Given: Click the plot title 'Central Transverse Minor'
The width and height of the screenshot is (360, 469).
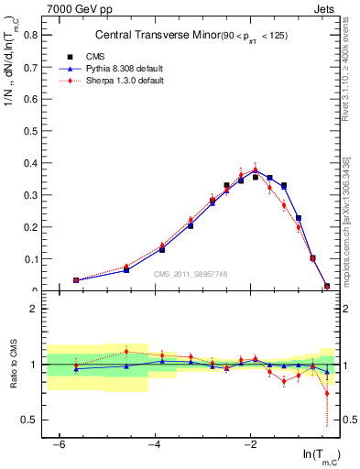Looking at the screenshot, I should click(147, 36).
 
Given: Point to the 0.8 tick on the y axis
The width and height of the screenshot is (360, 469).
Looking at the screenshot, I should click(33, 35).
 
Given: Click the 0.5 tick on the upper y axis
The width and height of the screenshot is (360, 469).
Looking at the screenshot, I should click(33, 131).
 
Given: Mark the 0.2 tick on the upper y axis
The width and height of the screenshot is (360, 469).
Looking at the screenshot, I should click(33, 227).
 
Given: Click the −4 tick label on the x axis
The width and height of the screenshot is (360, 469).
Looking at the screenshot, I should click(155, 444).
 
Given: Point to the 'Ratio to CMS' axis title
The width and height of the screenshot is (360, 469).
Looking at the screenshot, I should click(12, 381).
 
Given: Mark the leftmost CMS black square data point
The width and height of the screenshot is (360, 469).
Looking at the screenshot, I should click(76, 280).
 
